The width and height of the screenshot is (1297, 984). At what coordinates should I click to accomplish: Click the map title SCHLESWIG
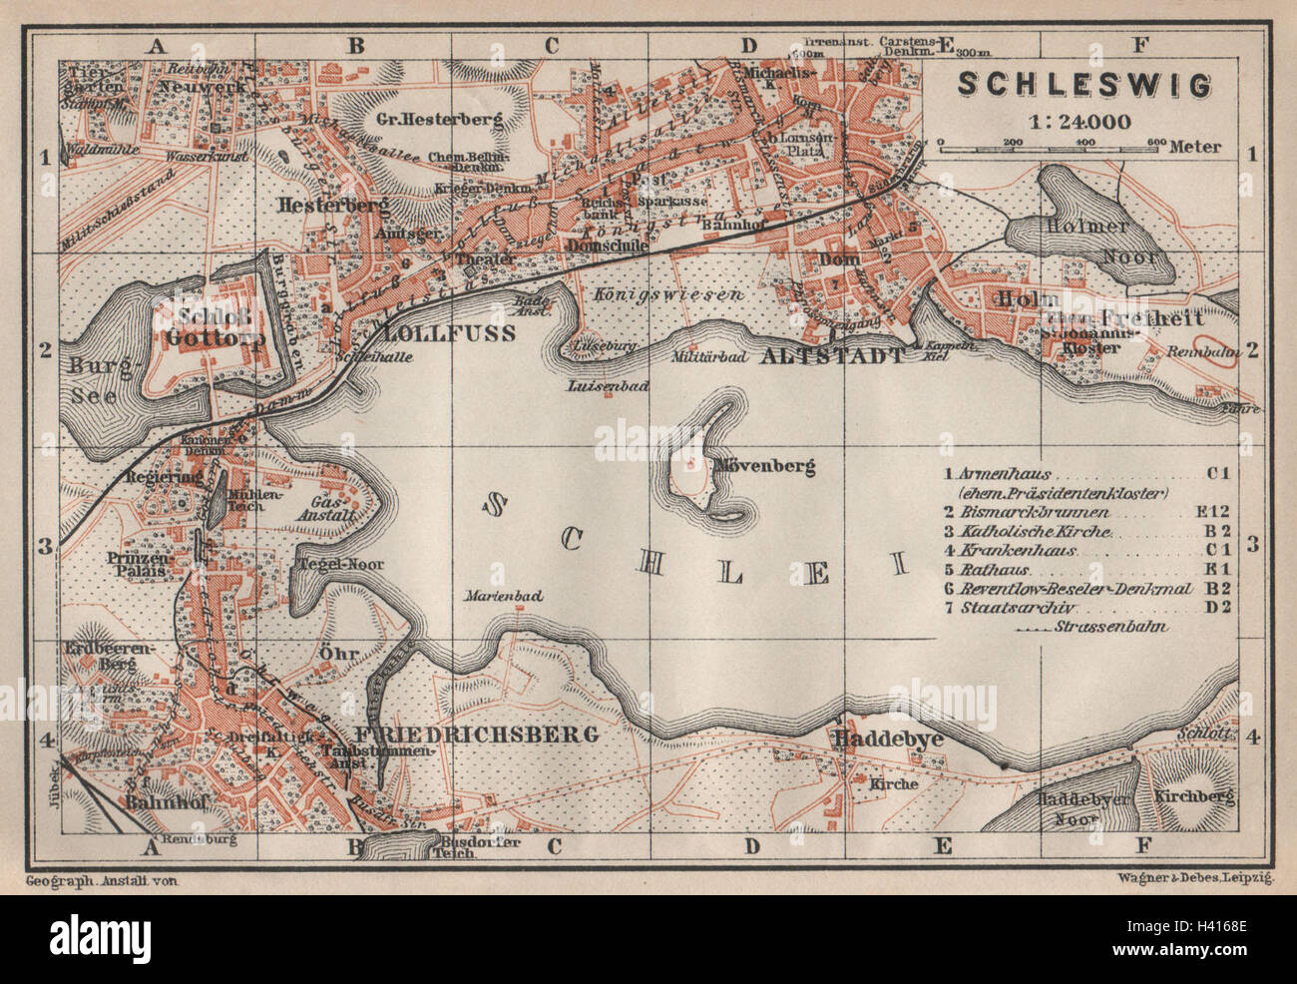pos(1084,86)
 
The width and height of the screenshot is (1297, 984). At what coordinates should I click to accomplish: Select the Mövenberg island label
pos(764,466)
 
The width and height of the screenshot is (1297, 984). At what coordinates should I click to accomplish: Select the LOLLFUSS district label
pos(444,332)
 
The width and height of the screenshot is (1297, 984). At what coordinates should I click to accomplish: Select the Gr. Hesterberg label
pos(440,119)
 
